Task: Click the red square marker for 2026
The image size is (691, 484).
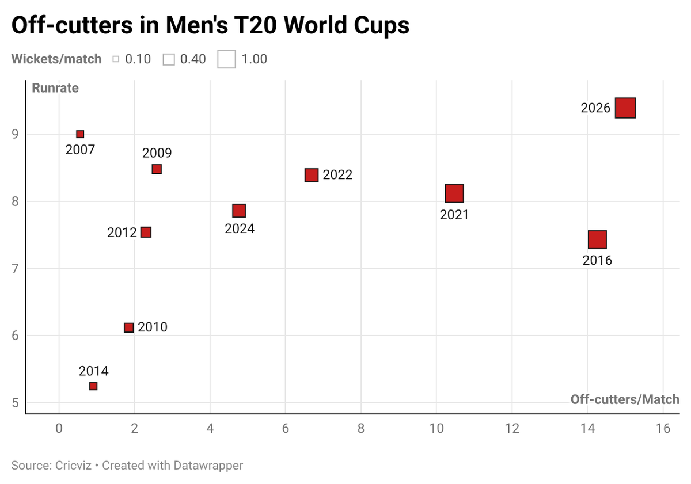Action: point(625,108)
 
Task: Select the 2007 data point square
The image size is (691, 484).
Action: point(80,134)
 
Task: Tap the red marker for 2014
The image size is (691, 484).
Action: point(93,386)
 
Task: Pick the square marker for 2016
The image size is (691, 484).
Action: point(597,239)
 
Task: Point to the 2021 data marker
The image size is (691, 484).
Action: point(454,193)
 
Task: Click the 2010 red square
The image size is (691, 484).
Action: point(128,327)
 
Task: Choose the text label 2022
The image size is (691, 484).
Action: point(337,175)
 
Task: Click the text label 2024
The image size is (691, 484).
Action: point(240,228)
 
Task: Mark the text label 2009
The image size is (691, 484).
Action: point(157,153)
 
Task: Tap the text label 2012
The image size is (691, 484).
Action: point(122,233)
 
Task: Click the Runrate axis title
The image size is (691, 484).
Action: point(55,88)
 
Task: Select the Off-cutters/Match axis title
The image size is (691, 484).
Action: point(625,399)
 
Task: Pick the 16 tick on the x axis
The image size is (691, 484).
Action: point(663,429)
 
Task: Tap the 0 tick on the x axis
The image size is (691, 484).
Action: point(59,429)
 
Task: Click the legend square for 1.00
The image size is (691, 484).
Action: point(226,59)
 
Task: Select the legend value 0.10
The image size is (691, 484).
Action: point(138,59)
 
